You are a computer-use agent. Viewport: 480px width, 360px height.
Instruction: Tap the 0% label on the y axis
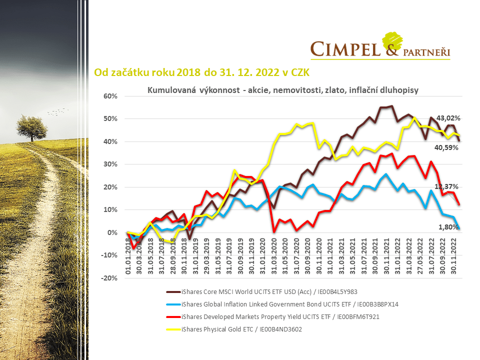pyautogui.click(x=114, y=232)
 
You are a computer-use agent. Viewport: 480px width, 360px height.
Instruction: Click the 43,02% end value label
pyautogui.click(x=448, y=118)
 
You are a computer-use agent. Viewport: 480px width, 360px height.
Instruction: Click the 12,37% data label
pyautogui.click(x=448, y=186)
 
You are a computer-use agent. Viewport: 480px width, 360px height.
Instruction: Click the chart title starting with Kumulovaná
pyautogui.click(x=282, y=89)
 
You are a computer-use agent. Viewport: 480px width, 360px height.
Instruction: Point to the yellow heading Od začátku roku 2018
pyautogui.click(x=202, y=72)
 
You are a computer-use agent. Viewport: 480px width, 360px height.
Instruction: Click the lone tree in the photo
pyautogui.click(x=32, y=127)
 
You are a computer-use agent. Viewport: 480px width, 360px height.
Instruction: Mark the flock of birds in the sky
pyautogui.click(x=57, y=111)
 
